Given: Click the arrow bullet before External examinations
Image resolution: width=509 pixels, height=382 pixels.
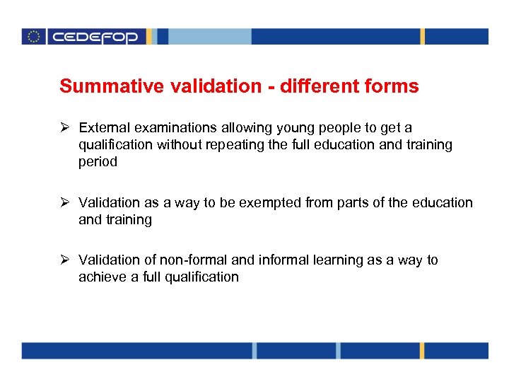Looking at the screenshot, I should pyautogui.click(x=65, y=128).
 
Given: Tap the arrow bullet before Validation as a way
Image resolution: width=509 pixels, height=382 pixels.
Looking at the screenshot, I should pyautogui.click(x=65, y=203).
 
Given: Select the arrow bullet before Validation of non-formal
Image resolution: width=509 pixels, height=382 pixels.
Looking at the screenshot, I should pyautogui.click(x=65, y=260).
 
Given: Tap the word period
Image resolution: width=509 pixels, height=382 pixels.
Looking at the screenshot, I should pyautogui.click(x=98, y=162).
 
